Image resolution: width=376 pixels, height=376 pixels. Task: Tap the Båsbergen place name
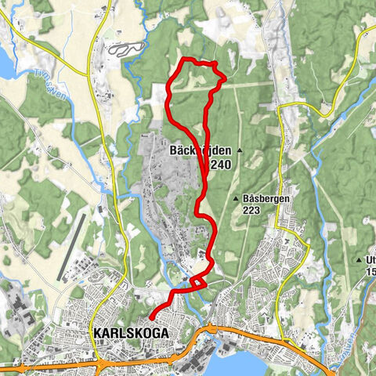[266, 199]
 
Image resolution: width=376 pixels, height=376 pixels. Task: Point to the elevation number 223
[251, 210]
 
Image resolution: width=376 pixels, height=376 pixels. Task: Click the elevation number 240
[221, 164]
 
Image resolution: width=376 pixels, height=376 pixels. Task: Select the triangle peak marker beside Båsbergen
[237, 199]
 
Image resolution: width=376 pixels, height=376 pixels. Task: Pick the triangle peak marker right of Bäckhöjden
[240, 150]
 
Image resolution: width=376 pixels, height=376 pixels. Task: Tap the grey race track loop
[128, 49]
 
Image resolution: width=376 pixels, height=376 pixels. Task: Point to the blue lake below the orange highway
[243, 363]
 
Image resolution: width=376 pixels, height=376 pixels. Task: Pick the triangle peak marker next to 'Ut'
[360, 259]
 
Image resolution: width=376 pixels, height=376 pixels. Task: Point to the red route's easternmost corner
[226, 77]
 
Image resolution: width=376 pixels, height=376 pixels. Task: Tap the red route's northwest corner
[183, 60]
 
